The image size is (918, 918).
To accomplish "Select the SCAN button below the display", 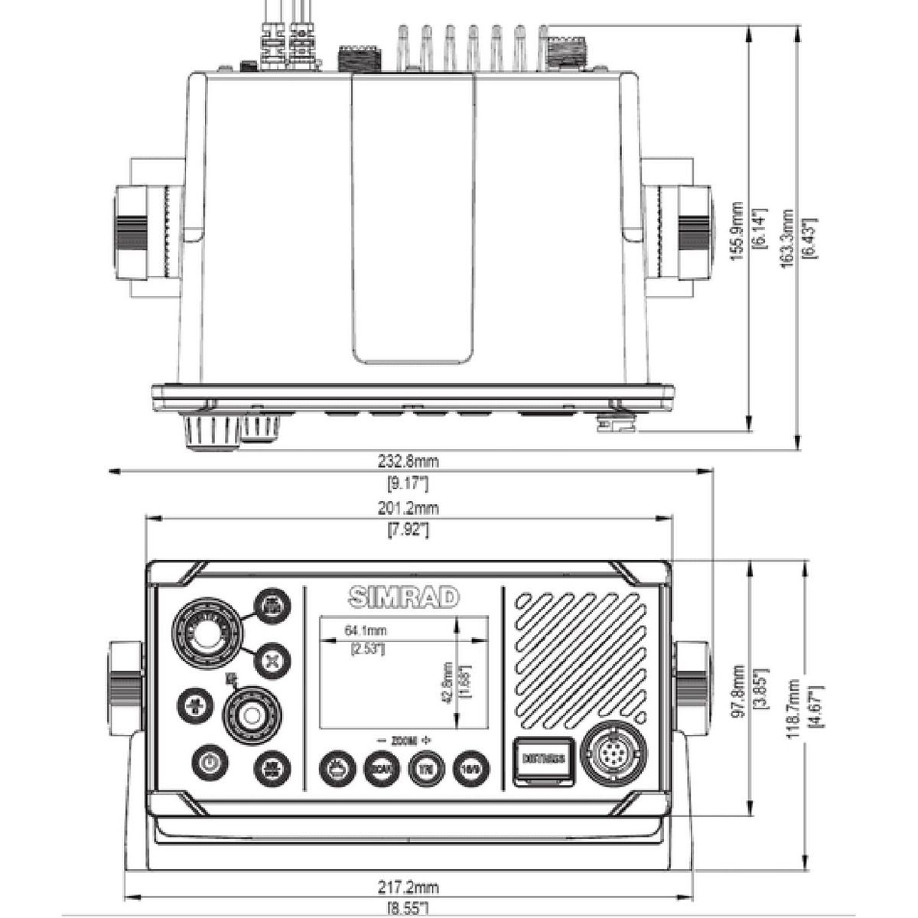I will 380,766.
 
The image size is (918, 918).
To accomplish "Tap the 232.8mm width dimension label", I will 409,461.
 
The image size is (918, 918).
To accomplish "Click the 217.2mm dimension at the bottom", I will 409,888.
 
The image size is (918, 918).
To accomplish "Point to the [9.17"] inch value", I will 409,483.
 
